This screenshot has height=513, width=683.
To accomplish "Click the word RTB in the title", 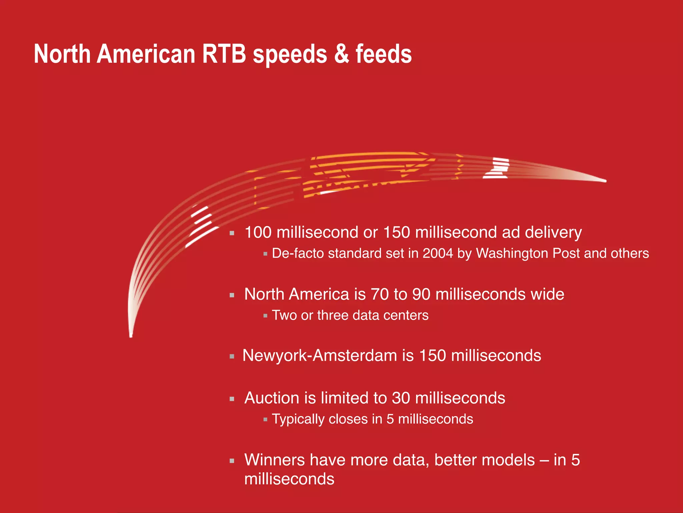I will (224, 54).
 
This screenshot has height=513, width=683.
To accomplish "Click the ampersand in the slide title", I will (341, 54).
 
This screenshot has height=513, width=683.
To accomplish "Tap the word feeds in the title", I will (384, 54).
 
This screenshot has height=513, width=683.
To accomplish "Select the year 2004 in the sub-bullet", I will (438, 253).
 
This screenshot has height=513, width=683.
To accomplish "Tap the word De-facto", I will (298, 253).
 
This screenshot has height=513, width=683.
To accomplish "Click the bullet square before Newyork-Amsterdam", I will (232, 357).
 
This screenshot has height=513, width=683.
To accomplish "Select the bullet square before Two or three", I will (265, 316).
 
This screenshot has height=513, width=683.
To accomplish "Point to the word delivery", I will (553, 232).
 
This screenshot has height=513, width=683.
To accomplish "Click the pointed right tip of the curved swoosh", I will (605, 181).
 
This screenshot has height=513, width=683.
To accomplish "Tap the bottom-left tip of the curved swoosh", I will (131, 335).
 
